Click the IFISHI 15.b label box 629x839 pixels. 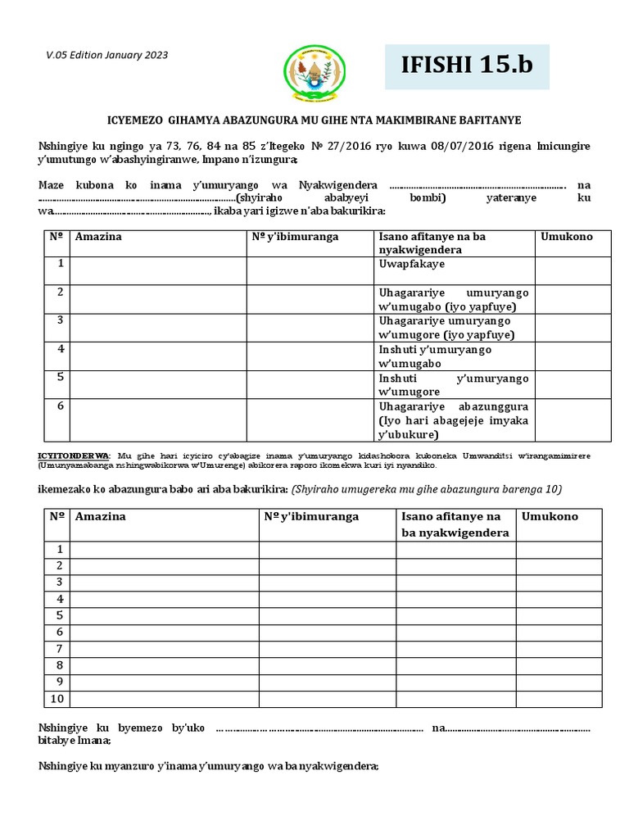pyautogui.click(x=468, y=66)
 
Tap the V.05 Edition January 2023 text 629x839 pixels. pyautogui.click(x=106, y=55)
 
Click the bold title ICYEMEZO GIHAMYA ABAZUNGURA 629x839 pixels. pyautogui.click(x=314, y=120)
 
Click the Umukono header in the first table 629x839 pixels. pyautogui.click(x=567, y=236)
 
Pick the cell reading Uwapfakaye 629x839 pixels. pyautogui.click(x=410, y=265)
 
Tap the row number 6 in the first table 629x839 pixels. pyautogui.click(x=59, y=406)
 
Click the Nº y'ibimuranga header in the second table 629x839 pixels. pyautogui.click(x=311, y=516)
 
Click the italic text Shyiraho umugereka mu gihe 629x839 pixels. pyautogui.click(x=426, y=489)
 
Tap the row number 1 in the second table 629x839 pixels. pyautogui.click(x=59, y=549)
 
